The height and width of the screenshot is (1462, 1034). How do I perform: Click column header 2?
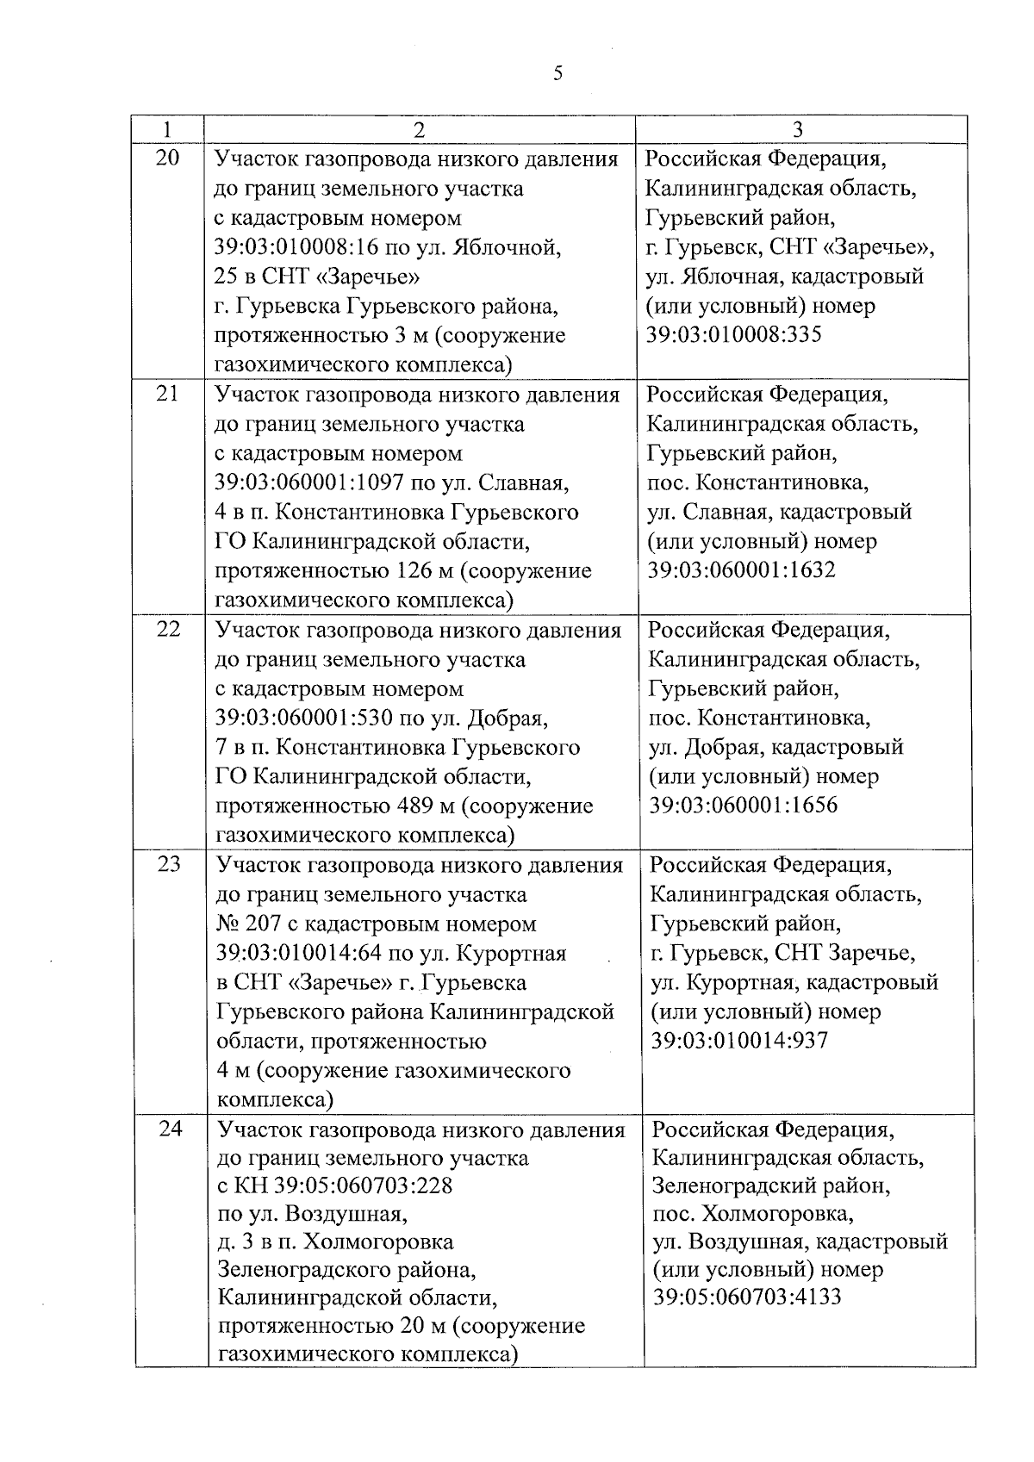[x=419, y=130]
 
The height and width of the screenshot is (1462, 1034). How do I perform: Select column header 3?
[x=798, y=130]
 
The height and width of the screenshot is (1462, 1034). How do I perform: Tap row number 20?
[x=167, y=159]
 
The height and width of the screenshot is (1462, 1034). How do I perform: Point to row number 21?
[x=168, y=394]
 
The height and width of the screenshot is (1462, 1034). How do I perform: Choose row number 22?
[x=169, y=629]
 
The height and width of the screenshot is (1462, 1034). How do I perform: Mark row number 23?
[x=170, y=864]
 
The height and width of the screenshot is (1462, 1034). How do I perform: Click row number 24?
[x=171, y=1128]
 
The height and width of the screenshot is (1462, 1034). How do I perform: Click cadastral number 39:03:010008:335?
[x=733, y=335]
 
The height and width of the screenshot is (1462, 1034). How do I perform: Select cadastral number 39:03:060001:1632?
[x=741, y=570]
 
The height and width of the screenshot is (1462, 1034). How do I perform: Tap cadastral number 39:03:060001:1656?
[x=743, y=806]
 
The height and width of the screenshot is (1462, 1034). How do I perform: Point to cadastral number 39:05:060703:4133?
[x=747, y=1297]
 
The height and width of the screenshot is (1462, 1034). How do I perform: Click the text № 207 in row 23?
[x=244, y=924]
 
